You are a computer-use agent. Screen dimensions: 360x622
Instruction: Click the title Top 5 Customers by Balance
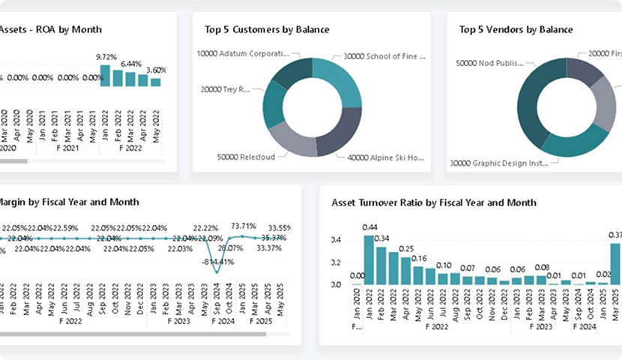(x=267, y=30)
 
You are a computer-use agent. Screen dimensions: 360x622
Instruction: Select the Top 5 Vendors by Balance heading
(x=516, y=30)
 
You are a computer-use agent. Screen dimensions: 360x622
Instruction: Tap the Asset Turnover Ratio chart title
(x=434, y=202)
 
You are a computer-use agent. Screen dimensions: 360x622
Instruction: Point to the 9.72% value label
(x=106, y=57)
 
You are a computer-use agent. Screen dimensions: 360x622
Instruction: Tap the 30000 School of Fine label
(x=384, y=55)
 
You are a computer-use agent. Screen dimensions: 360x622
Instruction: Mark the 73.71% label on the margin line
(x=244, y=226)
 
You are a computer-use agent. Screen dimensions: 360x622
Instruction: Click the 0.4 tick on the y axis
(x=336, y=240)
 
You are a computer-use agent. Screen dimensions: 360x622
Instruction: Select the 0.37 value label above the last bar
(x=615, y=235)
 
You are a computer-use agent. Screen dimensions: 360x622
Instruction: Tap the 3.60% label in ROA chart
(x=155, y=70)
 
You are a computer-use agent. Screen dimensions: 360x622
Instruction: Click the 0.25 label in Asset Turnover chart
(x=405, y=249)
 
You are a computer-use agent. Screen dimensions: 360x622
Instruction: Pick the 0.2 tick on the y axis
(x=336, y=262)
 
